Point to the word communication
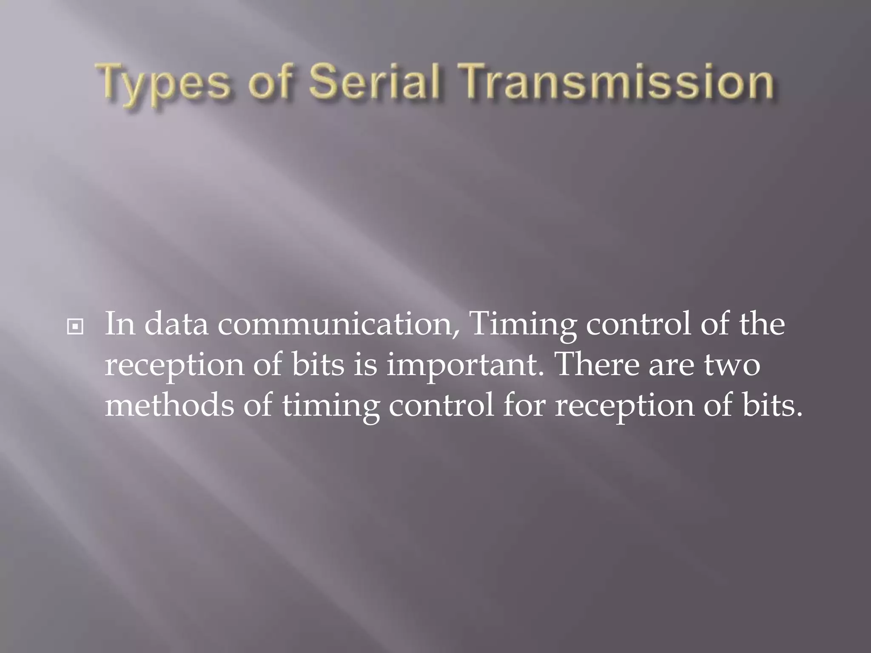click(339, 324)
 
